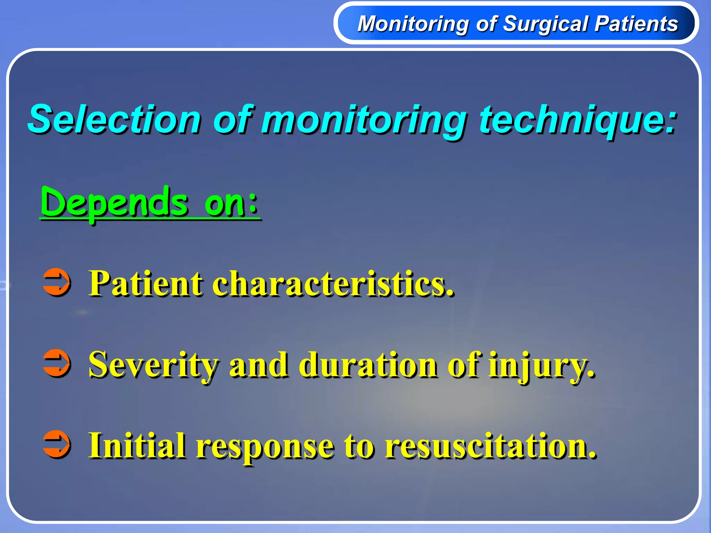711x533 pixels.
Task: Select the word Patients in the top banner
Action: click(636, 24)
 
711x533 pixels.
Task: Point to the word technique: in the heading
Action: click(578, 120)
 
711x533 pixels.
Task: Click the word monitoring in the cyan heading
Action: click(364, 120)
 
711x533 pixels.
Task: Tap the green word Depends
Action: click(115, 203)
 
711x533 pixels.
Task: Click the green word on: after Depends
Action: click(231, 203)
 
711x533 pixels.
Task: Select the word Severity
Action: click(153, 365)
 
